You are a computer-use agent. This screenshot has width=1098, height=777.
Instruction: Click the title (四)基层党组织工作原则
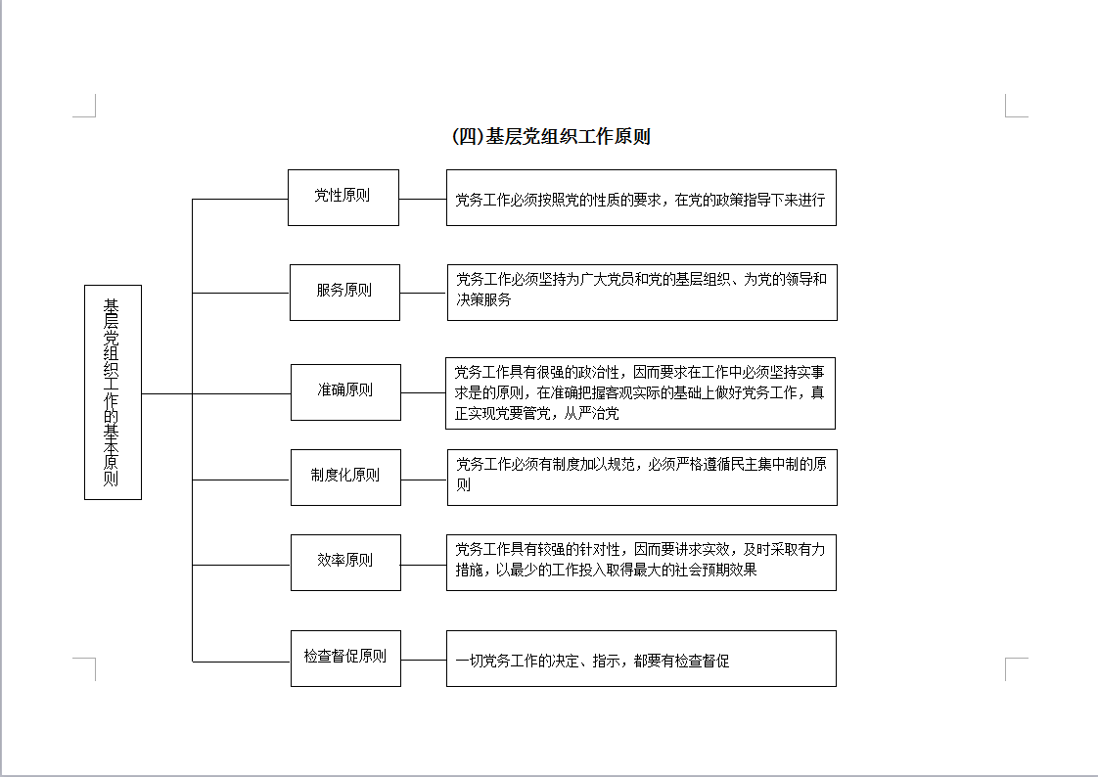(552, 136)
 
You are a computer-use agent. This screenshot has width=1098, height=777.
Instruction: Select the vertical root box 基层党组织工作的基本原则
(113, 392)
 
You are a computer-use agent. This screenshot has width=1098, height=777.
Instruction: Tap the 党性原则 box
(343, 198)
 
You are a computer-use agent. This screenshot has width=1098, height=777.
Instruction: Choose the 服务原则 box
(344, 293)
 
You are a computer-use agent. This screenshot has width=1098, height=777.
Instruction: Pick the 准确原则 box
(345, 392)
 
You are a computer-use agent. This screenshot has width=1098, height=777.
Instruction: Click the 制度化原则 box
(345, 478)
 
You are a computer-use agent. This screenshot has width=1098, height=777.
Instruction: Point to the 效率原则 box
(345, 563)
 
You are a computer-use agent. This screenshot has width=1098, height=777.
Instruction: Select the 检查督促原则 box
(345, 659)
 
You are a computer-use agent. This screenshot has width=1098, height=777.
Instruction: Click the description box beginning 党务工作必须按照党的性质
(641, 198)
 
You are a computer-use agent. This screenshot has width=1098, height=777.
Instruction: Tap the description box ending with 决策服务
(642, 293)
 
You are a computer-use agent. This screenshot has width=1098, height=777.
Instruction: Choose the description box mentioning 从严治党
(641, 393)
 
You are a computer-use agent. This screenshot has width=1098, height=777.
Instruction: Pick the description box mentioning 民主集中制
(642, 478)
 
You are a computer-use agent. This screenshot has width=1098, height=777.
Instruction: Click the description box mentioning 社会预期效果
(641, 563)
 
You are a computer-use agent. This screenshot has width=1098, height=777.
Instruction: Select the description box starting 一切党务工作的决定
(641, 659)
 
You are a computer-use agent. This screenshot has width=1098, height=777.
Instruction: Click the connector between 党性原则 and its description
(423, 200)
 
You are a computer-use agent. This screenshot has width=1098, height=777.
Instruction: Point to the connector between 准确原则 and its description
(424, 392)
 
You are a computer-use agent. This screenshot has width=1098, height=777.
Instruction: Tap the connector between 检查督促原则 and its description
(424, 661)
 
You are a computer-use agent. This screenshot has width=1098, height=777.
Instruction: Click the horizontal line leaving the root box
(167, 394)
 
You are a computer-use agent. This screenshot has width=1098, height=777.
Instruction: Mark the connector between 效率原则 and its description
(424, 565)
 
